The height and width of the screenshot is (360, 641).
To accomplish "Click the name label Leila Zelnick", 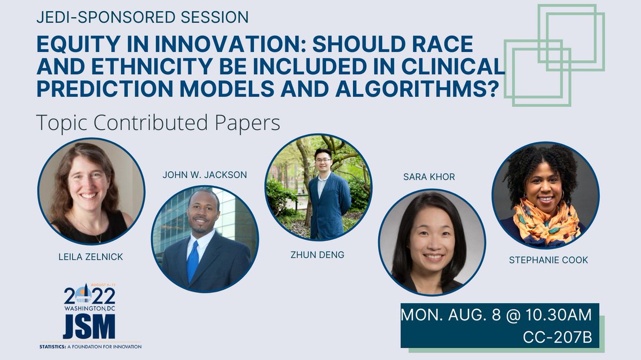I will tap(90, 257).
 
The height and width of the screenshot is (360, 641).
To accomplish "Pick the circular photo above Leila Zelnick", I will tap(91, 191).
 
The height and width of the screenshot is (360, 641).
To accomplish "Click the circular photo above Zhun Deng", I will tap(319, 187).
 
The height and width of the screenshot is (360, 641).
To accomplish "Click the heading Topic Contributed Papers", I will tap(158, 123).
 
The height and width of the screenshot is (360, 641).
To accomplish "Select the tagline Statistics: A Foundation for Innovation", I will tap(91, 347).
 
